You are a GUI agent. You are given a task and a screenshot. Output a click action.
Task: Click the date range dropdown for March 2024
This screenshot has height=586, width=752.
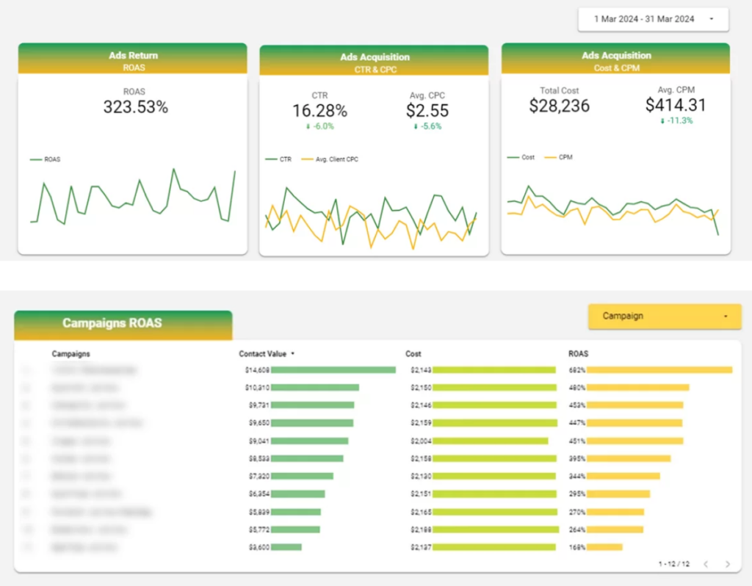pyautogui.click(x=652, y=19)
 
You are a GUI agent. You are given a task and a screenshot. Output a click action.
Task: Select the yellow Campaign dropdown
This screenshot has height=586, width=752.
pyautogui.click(x=664, y=316)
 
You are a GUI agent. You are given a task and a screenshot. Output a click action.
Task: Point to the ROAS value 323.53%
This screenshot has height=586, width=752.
pyautogui.click(x=135, y=107)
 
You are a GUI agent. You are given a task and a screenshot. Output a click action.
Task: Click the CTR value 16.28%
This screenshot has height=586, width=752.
pyautogui.click(x=319, y=111)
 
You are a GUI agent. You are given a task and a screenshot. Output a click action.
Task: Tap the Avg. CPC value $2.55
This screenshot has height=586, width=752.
pyautogui.click(x=427, y=111)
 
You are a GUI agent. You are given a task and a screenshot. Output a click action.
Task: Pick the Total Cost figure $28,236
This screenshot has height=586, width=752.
pyautogui.click(x=559, y=106)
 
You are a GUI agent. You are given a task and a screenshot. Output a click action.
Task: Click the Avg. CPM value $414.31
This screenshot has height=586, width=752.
pyautogui.click(x=676, y=106)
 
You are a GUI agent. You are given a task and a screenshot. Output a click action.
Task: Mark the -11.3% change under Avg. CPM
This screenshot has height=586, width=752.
pyautogui.click(x=676, y=121)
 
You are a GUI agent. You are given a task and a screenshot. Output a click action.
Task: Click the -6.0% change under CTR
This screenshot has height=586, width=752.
pyautogui.click(x=319, y=126)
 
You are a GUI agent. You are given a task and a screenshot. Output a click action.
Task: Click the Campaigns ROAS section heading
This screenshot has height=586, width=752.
pyautogui.click(x=112, y=323)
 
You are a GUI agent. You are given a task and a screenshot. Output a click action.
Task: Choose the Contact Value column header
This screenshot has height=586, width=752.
pyautogui.click(x=264, y=354)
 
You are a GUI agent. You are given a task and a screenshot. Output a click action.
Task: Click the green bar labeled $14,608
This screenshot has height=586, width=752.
pyautogui.click(x=333, y=370)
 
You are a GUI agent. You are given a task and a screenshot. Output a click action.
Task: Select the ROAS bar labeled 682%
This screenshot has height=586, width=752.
pyautogui.click(x=659, y=370)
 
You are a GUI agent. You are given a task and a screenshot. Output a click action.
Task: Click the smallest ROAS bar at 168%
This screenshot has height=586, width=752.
pyautogui.click(x=604, y=547)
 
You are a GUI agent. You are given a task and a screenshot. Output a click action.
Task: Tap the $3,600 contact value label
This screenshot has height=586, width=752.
pyautogui.click(x=257, y=547)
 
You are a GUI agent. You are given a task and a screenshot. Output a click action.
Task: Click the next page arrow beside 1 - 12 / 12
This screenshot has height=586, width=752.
pyautogui.click(x=728, y=564)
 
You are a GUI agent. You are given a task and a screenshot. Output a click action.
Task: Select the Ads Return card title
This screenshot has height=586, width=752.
pyautogui.click(x=133, y=56)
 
